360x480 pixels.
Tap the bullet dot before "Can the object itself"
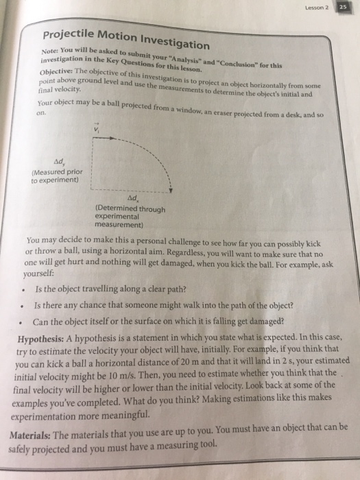click(x=23, y=322)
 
